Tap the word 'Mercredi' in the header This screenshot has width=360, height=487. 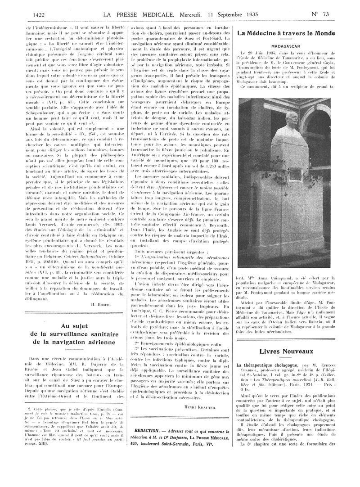(178, 15)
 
